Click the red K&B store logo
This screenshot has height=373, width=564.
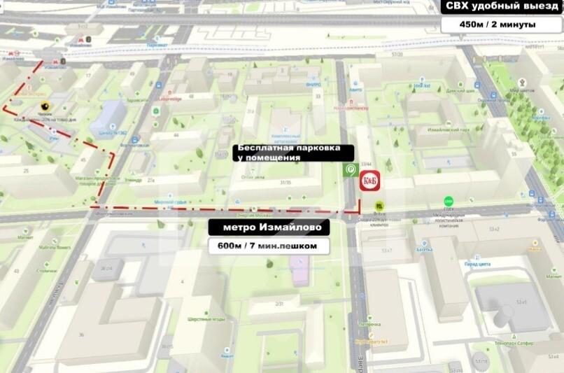[x=369, y=181]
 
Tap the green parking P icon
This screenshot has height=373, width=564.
[x=348, y=169]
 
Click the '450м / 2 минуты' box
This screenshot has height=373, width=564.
[x=498, y=24]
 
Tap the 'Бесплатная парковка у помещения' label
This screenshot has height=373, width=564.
[x=289, y=153]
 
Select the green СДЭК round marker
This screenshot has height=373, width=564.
[x=449, y=202]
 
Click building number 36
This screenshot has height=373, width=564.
[x=81, y=335]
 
